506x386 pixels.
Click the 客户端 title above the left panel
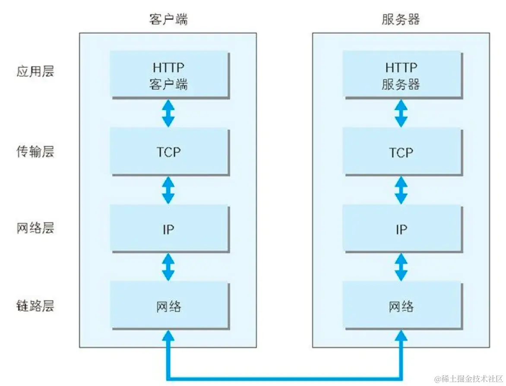coord(168,19)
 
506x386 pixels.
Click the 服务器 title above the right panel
coord(401,19)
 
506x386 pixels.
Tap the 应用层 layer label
coord(35,71)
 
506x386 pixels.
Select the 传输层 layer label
coord(35,152)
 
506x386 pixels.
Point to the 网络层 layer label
coord(35,228)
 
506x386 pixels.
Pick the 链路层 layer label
coord(35,306)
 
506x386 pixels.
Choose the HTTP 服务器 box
coord(401,75)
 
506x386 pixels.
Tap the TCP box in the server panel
coord(401,152)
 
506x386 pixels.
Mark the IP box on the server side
coord(401,229)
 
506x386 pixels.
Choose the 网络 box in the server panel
coord(401,306)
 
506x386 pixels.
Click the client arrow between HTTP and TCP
coord(168,113)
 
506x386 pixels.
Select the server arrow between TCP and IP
coord(401,190)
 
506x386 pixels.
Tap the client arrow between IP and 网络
coord(168,267)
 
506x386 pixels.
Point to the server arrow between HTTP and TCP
coord(401,113)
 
